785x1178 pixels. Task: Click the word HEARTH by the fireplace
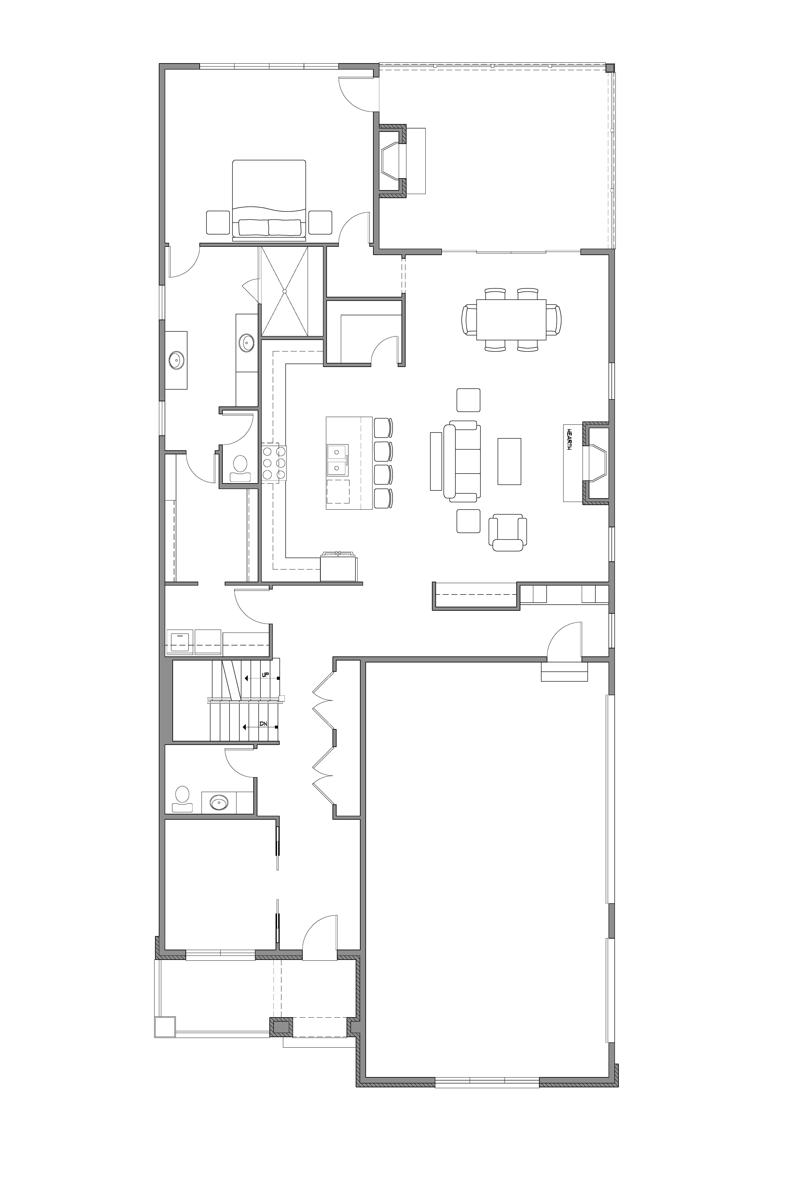tap(569, 439)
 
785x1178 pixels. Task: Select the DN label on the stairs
tap(263, 724)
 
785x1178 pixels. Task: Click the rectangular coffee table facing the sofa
tap(509, 461)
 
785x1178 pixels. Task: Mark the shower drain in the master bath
tap(284, 291)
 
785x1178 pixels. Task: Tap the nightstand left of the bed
tap(218, 222)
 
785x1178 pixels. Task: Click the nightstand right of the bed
tap(320, 222)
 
